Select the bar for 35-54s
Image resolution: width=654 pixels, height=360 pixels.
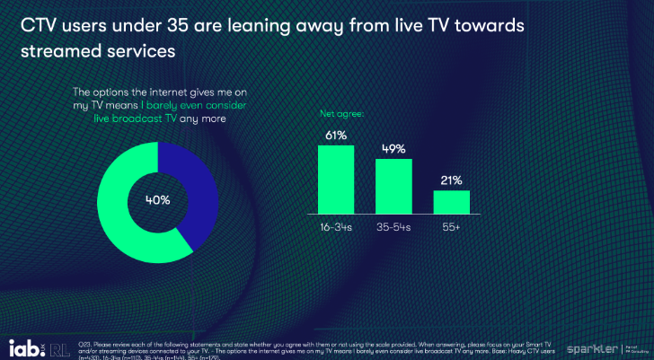pyautogui.click(x=393, y=187)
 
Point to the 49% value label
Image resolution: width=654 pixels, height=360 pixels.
pyautogui.click(x=393, y=148)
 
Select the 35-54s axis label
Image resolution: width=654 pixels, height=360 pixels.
pyautogui.click(x=393, y=228)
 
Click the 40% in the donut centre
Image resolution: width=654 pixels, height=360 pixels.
pyautogui.click(x=158, y=200)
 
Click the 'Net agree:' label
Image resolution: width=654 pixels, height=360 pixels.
pyautogui.click(x=340, y=115)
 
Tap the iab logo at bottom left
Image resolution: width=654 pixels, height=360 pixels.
pyautogui.click(x=26, y=346)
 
